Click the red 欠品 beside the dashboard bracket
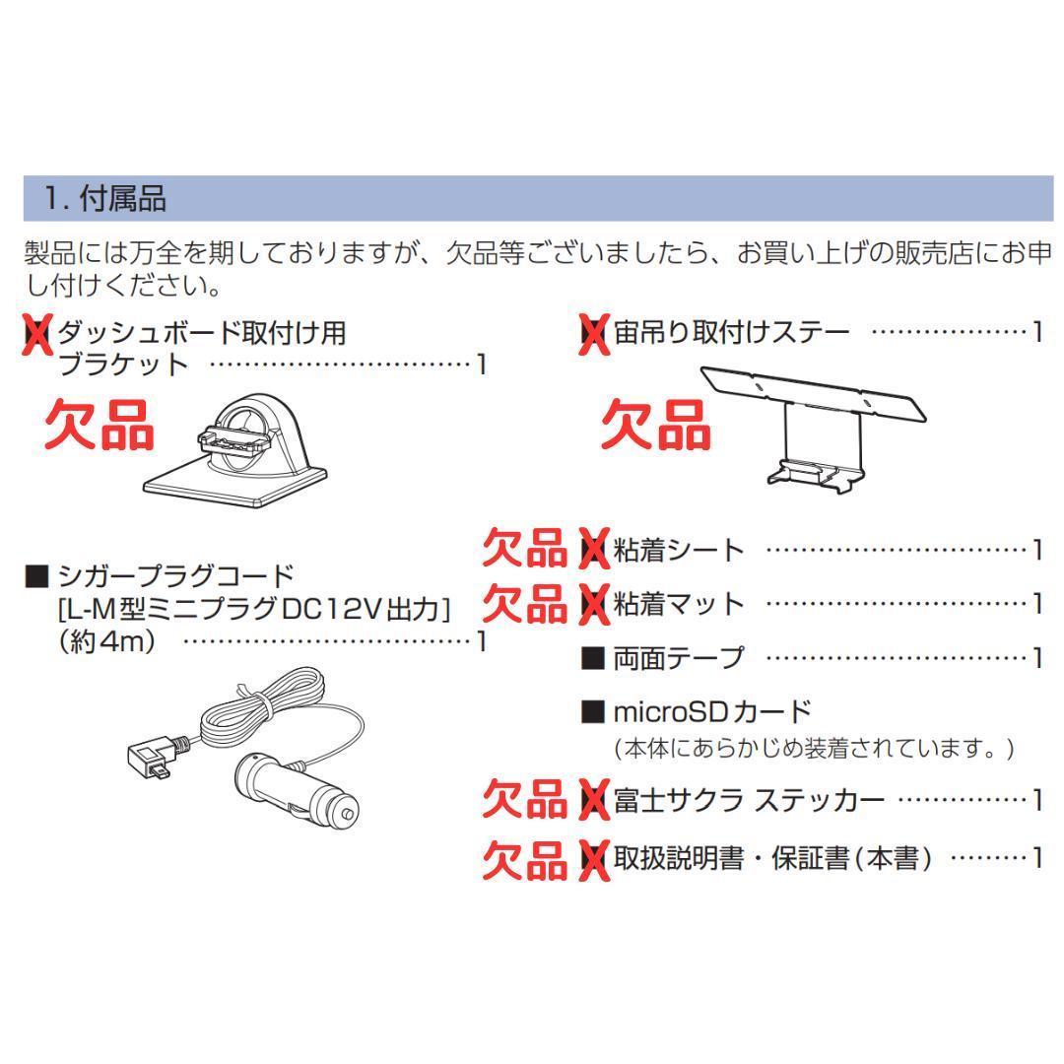pyautogui.click(x=100, y=425)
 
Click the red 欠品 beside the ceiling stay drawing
pyautogui.click(x=656, y=425)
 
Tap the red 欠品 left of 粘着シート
pyautogui.click(x=524, y=549)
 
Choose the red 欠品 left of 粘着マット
pyautogui.click(x=524, y=602)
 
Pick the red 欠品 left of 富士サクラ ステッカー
pyautogui.click(x=524, y=800)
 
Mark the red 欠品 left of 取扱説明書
pyautogui.click(x=524, y=859)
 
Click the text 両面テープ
pyautogui.click(x=679, y=657)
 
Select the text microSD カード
pyautogui.click(x=711, y=710)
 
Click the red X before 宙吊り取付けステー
pyautogui.click(x=593, y=334)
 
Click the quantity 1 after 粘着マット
pyautogui.click(x=1036, y=603)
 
